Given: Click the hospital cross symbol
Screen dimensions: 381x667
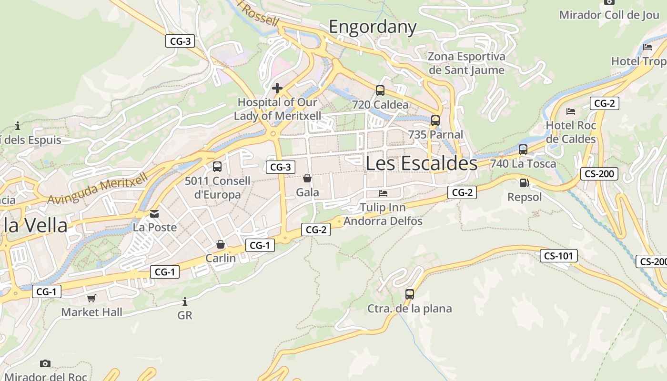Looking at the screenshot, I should [x=277, y=88].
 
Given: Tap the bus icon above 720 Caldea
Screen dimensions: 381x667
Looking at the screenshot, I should [x=380, y=90].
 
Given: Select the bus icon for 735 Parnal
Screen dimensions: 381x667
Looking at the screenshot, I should [x=435, y=120].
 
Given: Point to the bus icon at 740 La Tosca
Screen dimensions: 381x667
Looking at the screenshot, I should [x=523, y=150].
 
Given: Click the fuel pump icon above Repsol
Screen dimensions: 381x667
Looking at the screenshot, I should [x=525, y=182].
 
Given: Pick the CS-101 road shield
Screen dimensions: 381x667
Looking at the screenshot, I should [x=559, y=256].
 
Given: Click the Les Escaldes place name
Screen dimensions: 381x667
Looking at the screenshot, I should [x=421, y=163].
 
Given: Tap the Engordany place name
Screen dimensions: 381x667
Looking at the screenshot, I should [x=373, y=27].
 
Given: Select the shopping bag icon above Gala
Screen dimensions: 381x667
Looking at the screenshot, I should [x=307, y=179].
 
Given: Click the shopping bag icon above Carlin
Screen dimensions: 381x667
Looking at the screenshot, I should [x=221, y=244].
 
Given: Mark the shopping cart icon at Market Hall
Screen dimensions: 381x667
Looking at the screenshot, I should [x=91, y=298].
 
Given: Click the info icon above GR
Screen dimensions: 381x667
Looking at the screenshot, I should [x=185, y=301].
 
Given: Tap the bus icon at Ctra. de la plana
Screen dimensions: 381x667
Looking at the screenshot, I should [x=410, y=294].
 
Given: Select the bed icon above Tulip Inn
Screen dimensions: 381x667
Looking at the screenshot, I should [x=383, y=193].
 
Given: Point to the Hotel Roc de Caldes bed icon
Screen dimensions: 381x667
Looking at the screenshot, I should [x=571, y=111].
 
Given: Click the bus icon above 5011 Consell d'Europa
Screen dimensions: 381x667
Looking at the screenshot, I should [x=217, y=167].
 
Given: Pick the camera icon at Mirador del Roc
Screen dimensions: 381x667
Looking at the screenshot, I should [x=45, y=364].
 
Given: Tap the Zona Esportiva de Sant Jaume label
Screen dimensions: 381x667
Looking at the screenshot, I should [x=466, y=63].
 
